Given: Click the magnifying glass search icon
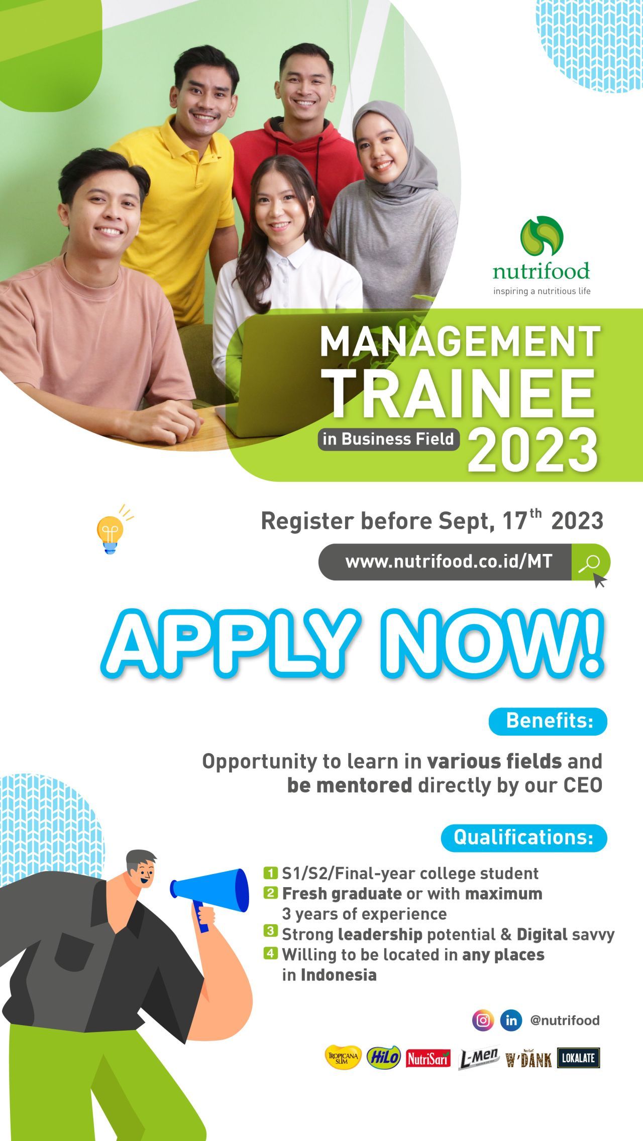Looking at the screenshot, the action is click(x=590, y=562).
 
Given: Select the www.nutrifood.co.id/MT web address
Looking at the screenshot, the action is click(x=449, y=561).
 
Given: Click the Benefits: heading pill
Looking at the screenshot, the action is click(x=548, y=722).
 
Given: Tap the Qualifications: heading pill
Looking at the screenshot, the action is click(x=524, y=837).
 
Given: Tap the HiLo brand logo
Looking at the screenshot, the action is click(x=384, y=1058).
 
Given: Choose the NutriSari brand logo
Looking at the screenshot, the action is click(x=428, y=1058).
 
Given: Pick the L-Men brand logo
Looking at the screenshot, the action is click(x=478, y=1058).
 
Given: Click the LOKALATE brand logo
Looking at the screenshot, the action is click(x=578, y=1058).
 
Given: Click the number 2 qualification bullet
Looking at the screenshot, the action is click(x=270, y=893).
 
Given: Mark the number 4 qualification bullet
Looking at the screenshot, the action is click(x=270, y=953).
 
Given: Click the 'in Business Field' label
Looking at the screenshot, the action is click(x=389, y=439).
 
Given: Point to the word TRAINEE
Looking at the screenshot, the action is click(x=461, y=393).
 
